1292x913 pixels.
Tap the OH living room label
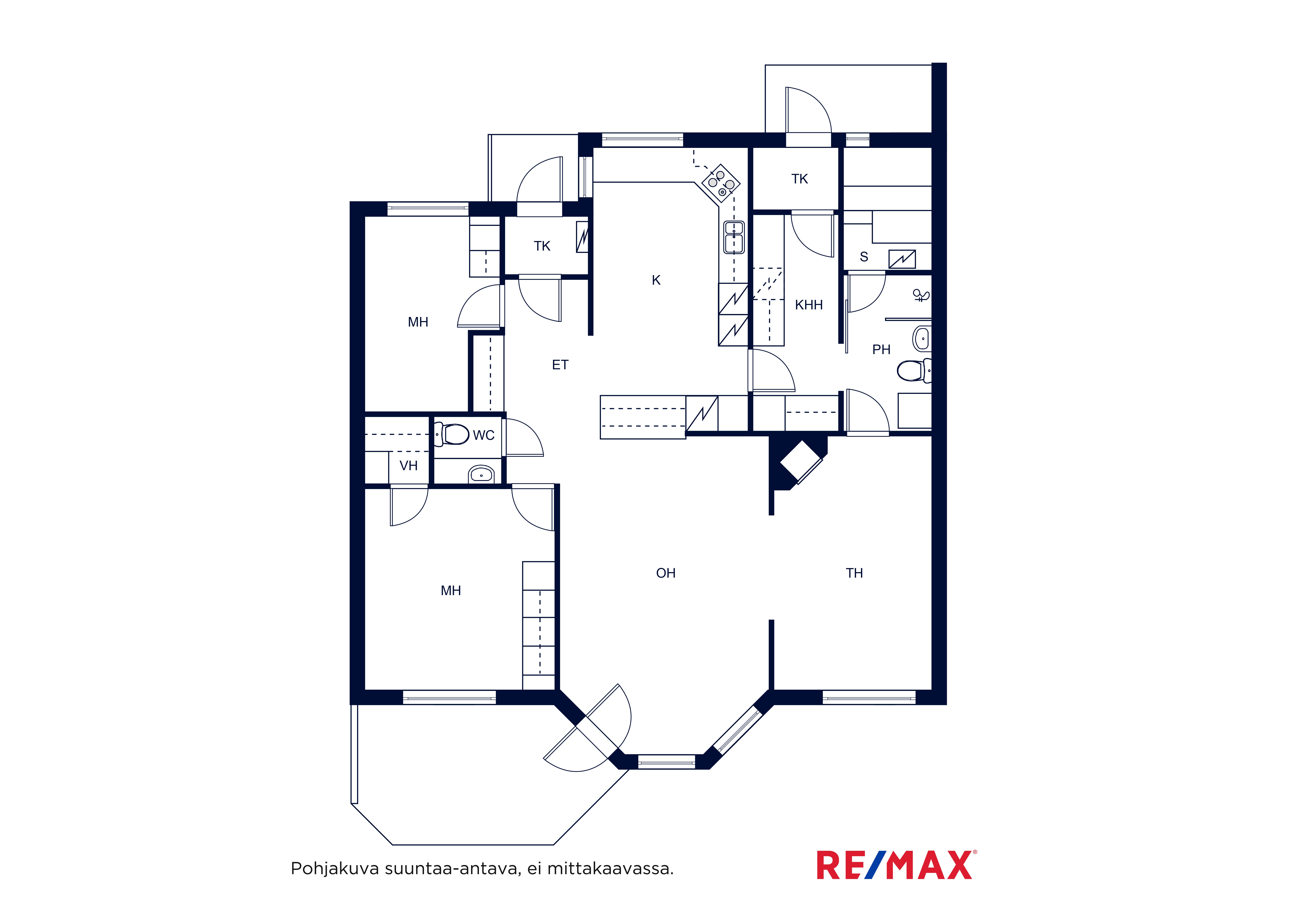(666, 573)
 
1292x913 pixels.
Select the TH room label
(854, 573)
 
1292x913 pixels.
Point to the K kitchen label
(656, 280)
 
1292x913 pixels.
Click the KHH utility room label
(809, 305)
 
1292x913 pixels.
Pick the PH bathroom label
(881, 350)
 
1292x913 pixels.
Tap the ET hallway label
(560, 365)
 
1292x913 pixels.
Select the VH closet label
(409, 466)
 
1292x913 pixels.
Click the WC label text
(483, 435)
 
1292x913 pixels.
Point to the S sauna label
(864, 257)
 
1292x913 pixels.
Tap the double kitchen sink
(734, 237)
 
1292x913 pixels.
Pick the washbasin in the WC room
(481, 474)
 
